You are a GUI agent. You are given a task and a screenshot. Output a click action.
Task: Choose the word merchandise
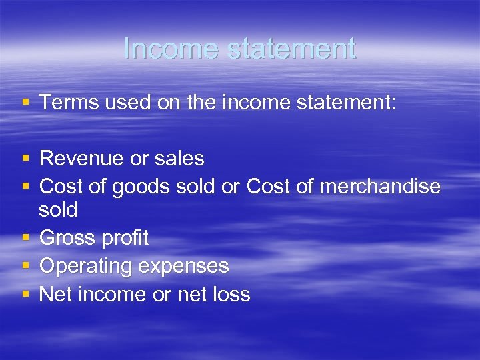[x=380, y=187]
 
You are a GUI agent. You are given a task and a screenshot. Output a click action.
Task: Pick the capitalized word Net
[x=56, y=294]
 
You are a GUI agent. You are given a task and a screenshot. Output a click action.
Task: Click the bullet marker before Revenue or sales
[x=25, y=159]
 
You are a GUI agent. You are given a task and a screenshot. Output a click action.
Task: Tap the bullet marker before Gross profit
[x=25, y=238]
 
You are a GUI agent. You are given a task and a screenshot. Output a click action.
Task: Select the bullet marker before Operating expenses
[x=25, y=266]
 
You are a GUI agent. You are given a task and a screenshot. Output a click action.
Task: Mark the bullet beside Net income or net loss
[x=25, y=294]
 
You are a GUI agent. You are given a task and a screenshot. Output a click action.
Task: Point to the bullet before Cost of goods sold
[x=25, y=187]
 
